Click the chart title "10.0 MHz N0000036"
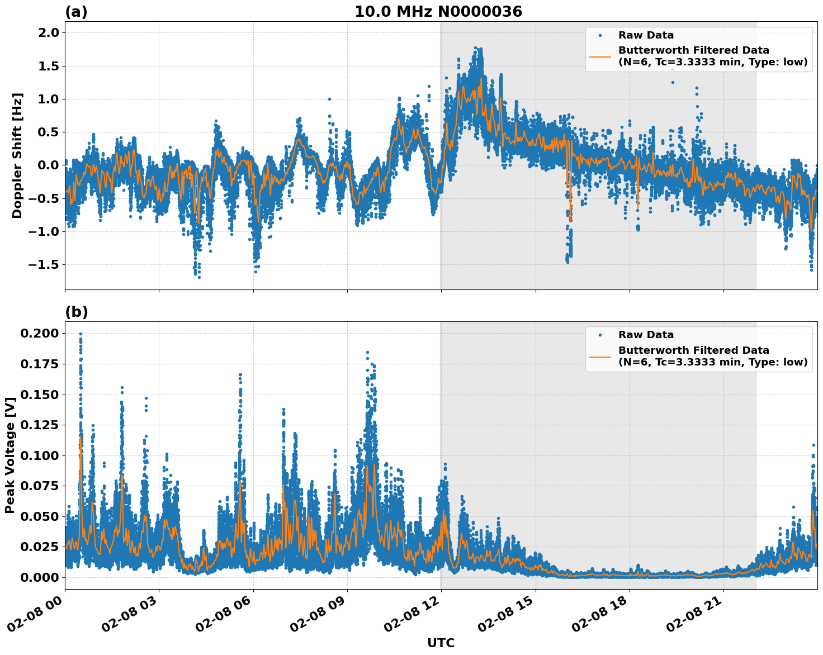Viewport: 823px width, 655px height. point(438,12)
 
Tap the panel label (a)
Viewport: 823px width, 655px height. point(76,12)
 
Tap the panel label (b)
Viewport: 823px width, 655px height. point(76,312)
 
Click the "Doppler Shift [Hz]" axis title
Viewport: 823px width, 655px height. point(17,155)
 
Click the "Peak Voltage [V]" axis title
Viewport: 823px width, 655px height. point(10,455)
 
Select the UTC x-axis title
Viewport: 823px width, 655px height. point(441,643)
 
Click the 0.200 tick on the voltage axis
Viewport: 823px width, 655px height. point(39,334)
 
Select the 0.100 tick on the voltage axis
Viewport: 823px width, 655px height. point(39,455)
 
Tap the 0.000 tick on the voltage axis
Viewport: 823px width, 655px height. point(39,577)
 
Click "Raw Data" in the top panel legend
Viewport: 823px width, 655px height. point(646,35)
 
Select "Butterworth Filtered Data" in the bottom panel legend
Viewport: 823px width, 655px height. point(693,350)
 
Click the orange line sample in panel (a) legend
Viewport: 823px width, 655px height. point(600,56)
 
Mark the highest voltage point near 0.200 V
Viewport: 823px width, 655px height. point(81,334)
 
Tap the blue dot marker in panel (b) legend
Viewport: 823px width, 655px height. point(600,335)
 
